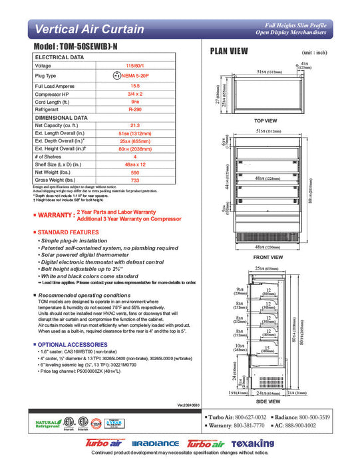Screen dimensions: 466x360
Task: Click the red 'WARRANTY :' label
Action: (55, 215)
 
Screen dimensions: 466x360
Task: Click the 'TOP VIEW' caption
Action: (266, 120)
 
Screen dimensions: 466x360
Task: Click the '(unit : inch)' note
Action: (315, 51)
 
